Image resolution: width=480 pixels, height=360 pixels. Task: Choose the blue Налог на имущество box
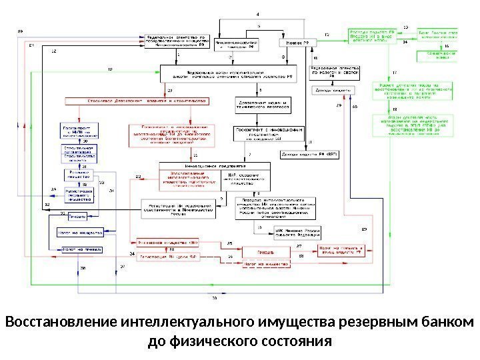[81, 234]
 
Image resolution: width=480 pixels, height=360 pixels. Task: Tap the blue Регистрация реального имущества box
[79, 194]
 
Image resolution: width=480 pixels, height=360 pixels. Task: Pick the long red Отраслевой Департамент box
[137, 101]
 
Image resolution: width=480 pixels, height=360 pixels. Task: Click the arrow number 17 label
[394, 71]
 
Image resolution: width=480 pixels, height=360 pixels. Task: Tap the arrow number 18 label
[394, 109]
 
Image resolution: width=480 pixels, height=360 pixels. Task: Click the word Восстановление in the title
[61, 324]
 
